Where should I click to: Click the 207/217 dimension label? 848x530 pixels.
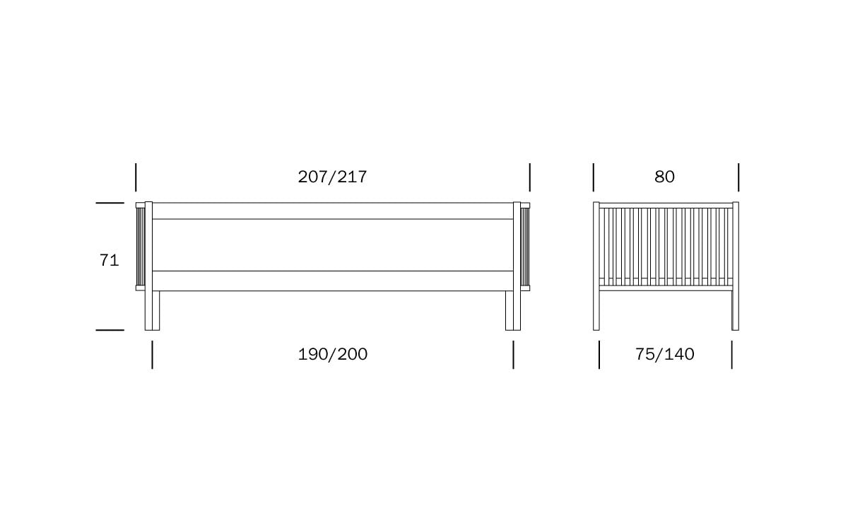(332, 177)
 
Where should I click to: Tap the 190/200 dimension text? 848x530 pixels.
(332, 354)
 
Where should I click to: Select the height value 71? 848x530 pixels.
(109, 261)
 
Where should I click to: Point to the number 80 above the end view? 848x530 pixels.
(664, 177)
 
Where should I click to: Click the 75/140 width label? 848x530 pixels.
(664, 354)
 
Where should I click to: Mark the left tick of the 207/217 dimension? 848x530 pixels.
(136, 177)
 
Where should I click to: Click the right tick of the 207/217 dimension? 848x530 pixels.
(529, 177)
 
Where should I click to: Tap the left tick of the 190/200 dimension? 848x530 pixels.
(152, 355)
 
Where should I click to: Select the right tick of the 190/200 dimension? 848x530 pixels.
(513, 355)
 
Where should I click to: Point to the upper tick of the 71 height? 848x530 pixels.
(110, 203)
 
